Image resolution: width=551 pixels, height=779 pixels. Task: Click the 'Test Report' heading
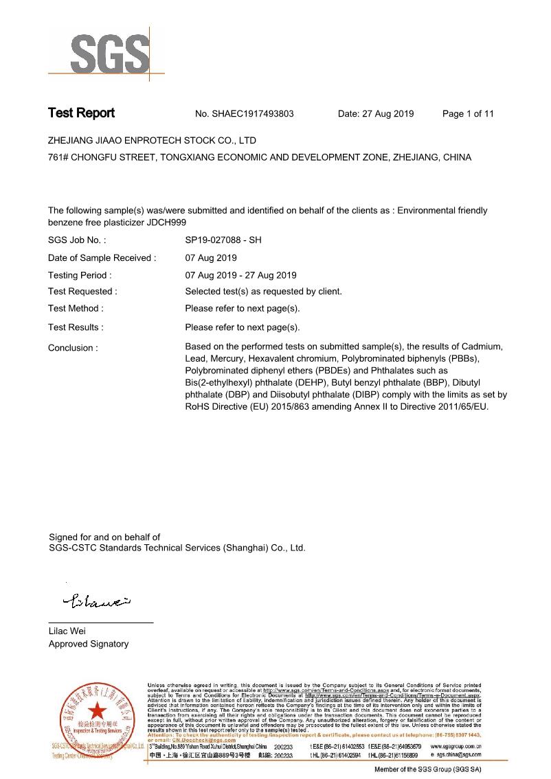(81, 113)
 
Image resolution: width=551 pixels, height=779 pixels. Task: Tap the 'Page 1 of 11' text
(468, 114)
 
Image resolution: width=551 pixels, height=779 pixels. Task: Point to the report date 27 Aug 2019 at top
(387, 114)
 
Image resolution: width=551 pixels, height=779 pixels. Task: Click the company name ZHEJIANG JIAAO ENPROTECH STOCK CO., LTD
(152, 141)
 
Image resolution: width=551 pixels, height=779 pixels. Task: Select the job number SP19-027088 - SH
(223, 241)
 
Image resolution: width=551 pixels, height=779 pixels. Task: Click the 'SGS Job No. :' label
(77, 241)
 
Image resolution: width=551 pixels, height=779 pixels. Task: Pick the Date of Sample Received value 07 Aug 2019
(211, 258)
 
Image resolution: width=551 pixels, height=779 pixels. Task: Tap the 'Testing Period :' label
(80, 275)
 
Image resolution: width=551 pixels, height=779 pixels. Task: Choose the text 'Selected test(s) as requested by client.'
(263, 292)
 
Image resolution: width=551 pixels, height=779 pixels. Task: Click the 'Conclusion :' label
(73, 348)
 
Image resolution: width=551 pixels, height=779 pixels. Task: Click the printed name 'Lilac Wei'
(67, 631)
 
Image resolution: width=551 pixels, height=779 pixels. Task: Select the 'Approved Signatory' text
(88, 644)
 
